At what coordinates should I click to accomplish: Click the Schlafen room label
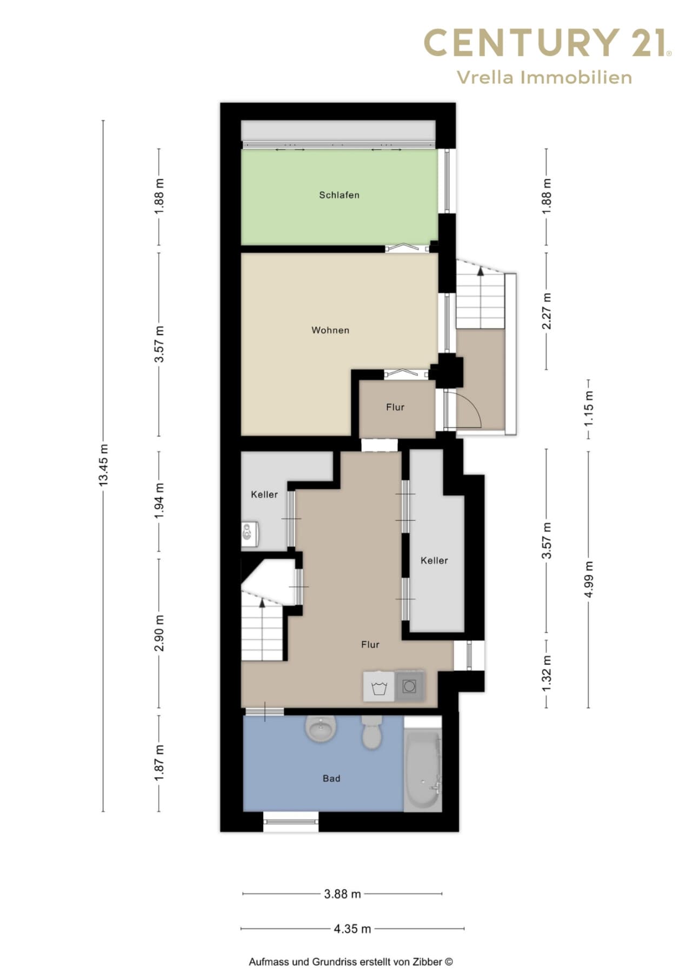click(339, 195)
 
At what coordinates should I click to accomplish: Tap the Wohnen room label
click(330, 330)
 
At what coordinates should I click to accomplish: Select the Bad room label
click(331, 779)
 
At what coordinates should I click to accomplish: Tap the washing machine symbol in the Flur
click(379, 687)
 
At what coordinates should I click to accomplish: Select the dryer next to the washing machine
click(409, 686)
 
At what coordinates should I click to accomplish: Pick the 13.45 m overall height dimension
click(103, 465)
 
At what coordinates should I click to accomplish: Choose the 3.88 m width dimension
click(342, 894)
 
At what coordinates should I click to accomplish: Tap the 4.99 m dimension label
click(589, 579)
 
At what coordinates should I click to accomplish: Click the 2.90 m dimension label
click(159, 633)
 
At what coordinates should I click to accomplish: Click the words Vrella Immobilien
click(544, 77)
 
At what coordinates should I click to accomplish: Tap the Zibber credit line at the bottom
click(351, 962)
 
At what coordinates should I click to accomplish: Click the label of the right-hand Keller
click(434, 561)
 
